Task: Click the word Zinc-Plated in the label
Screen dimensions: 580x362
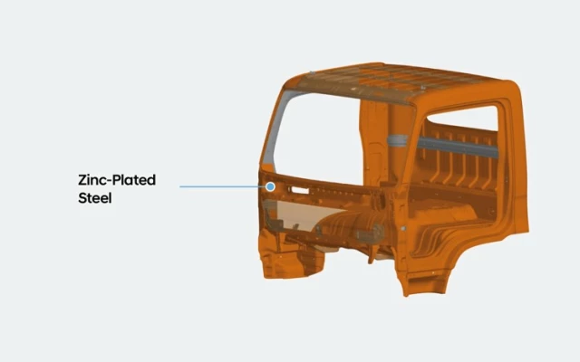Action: coord(117,180)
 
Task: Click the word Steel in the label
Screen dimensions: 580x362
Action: coord(94,198)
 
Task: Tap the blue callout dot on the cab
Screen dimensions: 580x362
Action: coord(270,187)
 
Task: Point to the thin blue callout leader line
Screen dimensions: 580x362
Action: coord(223,187)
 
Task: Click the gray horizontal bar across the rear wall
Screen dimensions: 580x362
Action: coord(458,147)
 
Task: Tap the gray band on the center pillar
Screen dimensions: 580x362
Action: coord(397,141)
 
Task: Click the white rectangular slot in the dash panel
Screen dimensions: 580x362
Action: coord(300,190)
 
